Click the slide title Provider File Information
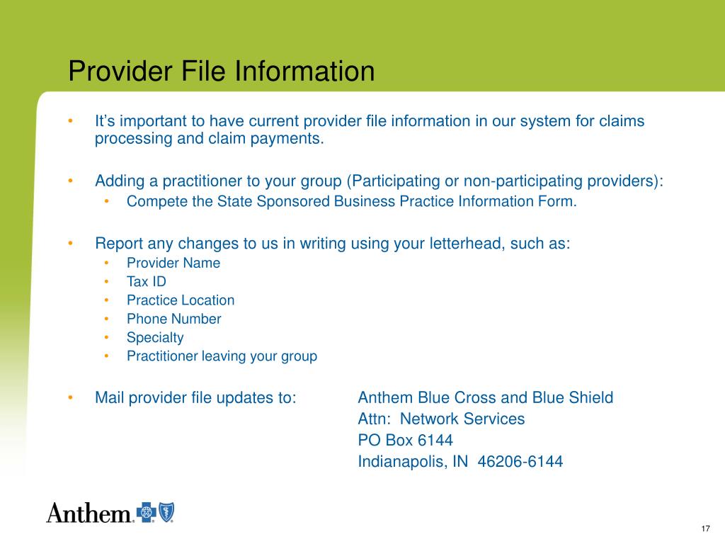[221, 72]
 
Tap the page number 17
[704, 529]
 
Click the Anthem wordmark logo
[90, 512]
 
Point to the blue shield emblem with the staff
[166, 511]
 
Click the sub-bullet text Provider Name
[173, 263]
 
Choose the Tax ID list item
[147, 281]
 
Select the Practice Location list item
[181, 300]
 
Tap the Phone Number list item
[174, 319]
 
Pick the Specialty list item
[155, 338]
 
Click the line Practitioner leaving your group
[222, 356]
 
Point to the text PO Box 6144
[405, 440]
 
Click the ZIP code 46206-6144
[520, 462]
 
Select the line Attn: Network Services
[441, 419]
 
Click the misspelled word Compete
[149, 201]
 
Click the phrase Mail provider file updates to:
[195, 397]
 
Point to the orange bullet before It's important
[71, 121]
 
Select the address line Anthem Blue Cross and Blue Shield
[486, 397]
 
